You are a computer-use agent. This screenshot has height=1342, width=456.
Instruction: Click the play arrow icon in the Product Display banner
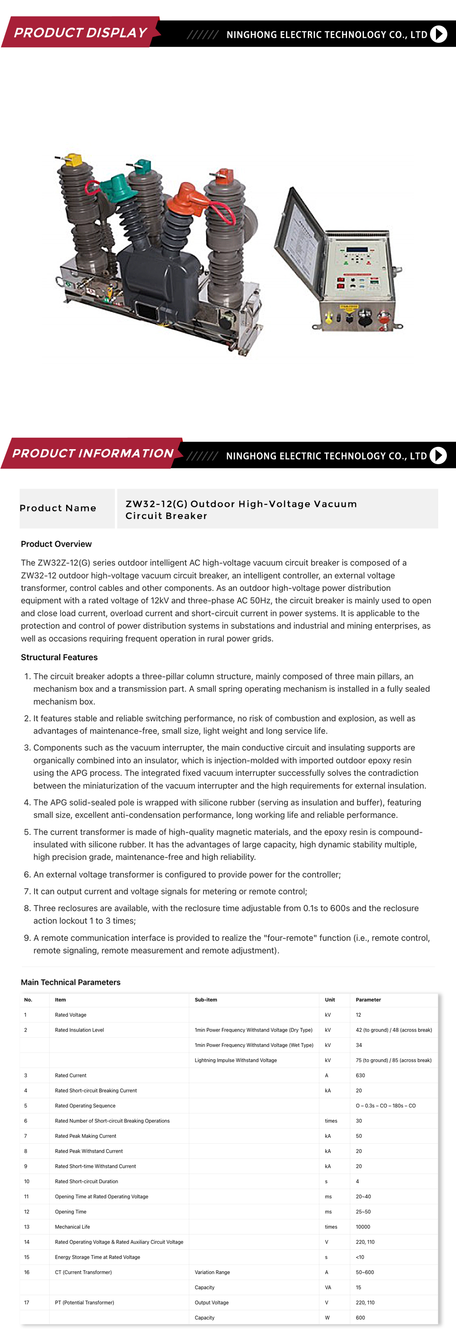[439, 34]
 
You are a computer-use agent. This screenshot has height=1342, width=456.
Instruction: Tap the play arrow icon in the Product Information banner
[438, 456]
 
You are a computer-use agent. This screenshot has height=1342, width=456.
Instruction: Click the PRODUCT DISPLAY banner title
[80, 33]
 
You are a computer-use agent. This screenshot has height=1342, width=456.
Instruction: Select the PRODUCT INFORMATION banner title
[93, 453]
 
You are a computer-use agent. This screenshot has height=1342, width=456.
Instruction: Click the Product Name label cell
[58, 508]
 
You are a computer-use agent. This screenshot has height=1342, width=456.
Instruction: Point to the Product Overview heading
[56, 544]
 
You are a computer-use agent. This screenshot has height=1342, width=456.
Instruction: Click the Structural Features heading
[59, 658]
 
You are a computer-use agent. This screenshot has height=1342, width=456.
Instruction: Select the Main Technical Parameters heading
[71, 982]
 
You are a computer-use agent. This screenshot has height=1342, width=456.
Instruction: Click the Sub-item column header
[206, 1000]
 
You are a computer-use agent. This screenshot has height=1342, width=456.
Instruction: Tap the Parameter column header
[368, 1000]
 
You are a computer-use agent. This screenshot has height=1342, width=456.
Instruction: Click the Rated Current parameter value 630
[361, 1075]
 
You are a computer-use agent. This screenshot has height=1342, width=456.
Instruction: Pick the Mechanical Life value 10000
[363, 1227]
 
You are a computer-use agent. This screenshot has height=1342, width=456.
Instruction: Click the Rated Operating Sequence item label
[85, 1105]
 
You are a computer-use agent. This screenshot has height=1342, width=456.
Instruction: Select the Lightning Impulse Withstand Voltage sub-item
[236, 1060]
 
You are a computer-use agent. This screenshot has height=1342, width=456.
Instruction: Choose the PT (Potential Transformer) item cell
[84, 1302]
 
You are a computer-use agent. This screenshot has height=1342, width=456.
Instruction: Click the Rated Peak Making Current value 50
[359, 1136]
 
